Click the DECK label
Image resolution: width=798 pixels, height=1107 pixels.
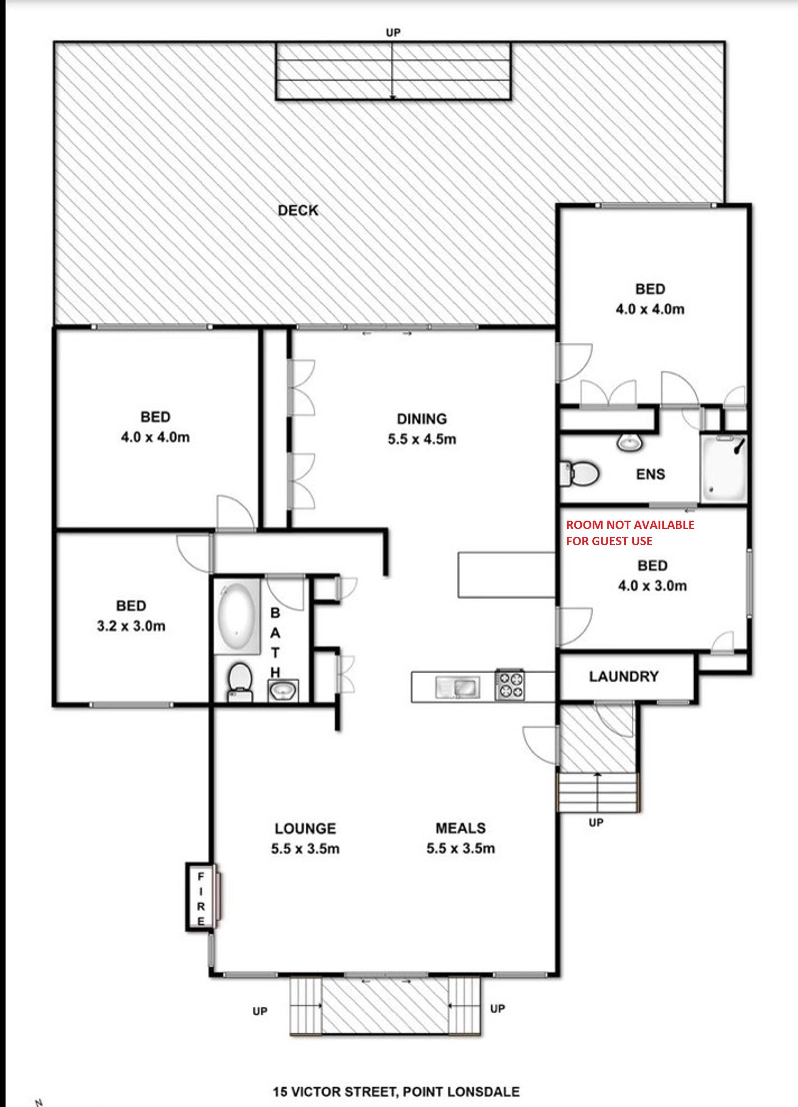click(x=298, y=210)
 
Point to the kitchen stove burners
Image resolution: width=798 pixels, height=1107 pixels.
click(x=510, y=685)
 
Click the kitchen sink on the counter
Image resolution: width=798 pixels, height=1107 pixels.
click(x=458, y=686)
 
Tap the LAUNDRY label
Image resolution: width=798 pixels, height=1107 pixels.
click(x=624, y=677)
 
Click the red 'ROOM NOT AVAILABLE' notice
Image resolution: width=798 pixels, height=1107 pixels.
click(x=630, y=533)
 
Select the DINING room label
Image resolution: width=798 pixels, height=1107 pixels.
click(x=422, y=419)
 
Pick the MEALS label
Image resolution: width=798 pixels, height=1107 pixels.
click(x=461, y=828)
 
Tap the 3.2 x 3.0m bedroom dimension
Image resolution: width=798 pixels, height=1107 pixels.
click(x=131, y=626)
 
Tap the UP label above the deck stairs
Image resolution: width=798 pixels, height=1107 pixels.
click(x=393, y=32)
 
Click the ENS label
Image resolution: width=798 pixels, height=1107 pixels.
click(x=650, y=474)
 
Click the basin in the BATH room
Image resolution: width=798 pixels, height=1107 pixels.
click(x=283, y=690)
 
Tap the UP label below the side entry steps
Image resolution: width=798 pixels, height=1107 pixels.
click(x=596, y=823)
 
